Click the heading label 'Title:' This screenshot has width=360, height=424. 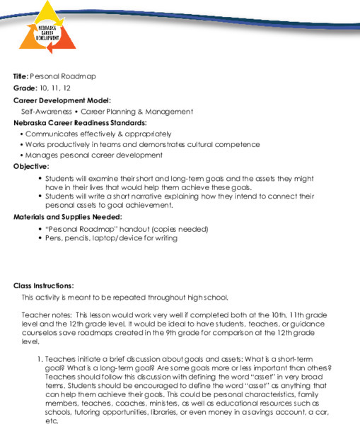[x=21, y=76]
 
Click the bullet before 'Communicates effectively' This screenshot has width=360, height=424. [x=24, y=134]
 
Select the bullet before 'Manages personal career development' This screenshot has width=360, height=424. [x=24, y=155]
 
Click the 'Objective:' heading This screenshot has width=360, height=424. [x=32, y=166]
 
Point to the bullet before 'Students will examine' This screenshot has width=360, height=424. [x=40, y=178]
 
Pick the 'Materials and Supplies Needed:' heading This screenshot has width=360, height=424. [x=68, y=216]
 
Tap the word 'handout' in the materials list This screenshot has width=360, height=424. [x=136, y=229]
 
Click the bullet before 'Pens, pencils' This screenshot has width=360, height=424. [x=40, y=239]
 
